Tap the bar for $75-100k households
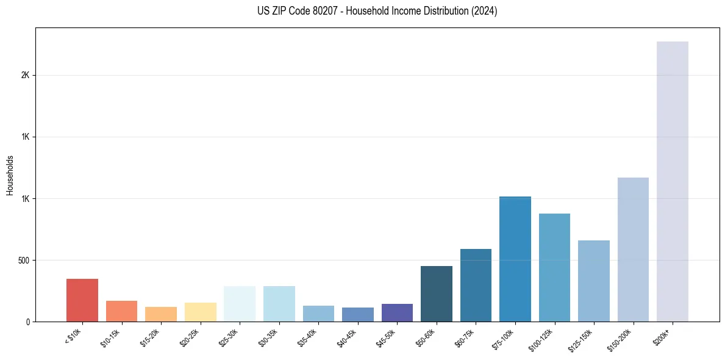pyautogui.click(x=515, y=259)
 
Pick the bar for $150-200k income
pyautogui.click(x=633, y=250)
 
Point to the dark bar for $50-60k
pyautogui.click(x=436, y=293)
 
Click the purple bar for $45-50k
pyautogui.click(x=397, y=312)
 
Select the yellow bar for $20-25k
pyautogui.click(x=200, y=312)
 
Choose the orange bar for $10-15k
pyautogui.click(x=121, y=311)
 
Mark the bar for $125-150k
pyautogui.click(x=593, y=281)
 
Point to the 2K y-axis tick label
pyautogui.click(x=25, y=76)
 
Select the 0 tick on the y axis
pyautogui.click(x=27, y=322)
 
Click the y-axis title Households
pyautogui.click(x=10, y=175)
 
